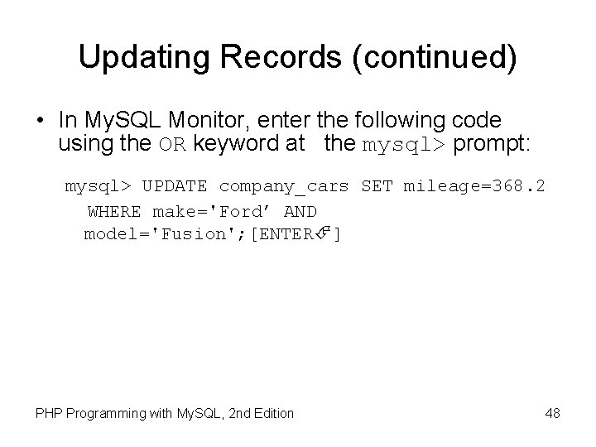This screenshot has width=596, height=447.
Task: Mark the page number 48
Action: pyautogui.click(x=553, y=412)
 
